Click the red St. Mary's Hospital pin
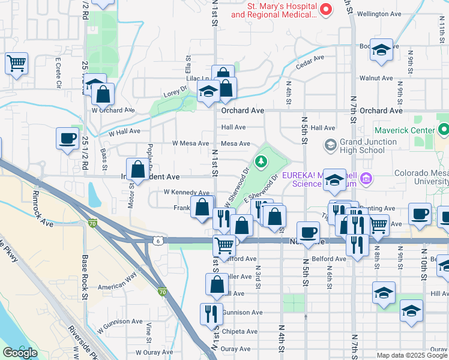pyautogui.click(x=326, y=9)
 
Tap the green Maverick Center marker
pyautogui.click(x=444, y=130)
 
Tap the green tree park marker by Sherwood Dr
pyautogui.click(x=261, y=161)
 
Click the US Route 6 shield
pyautogui.click(x=157, y=240)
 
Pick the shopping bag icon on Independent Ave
pyautogui.click(x=138, y=170)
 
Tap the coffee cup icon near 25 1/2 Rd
pyautogui.click(x=67, y=138)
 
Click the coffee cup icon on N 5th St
pyautogui.click(x=309, y=232)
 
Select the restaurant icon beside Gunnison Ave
pyautogui.click(x=211, y=314)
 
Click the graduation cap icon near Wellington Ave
pyautogui.click(x=381, y=50)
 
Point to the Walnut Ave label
pyautogui.click(x=376, y=78)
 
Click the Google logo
pyautogui.click(x=20, y=352)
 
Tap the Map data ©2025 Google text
pyautogui.click(x=412, y=355)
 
